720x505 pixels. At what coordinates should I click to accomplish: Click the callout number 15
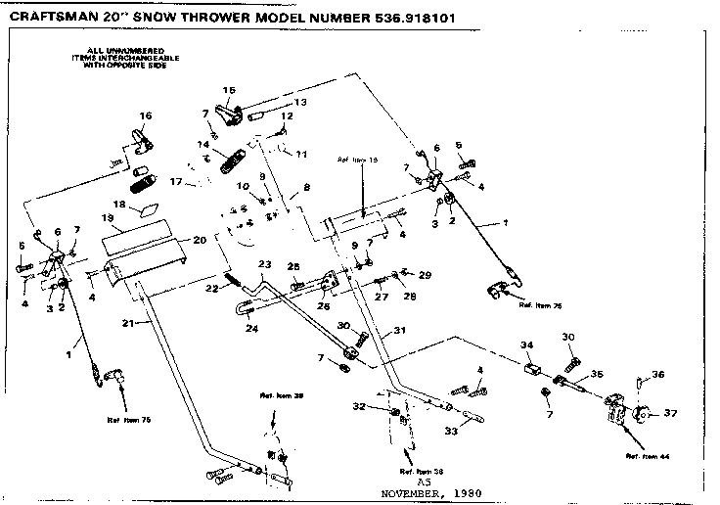pyautogui.click(x=229, y=90)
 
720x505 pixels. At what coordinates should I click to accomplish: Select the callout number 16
pyautogui.click(x=145, y=115)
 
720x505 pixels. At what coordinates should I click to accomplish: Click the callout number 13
pyautogui.click(x=299, y=102)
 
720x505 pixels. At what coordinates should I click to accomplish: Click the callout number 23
pyautogui.click(x=263, y=264)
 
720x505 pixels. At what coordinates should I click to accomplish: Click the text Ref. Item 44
pyautogui.click(x=646, y=456)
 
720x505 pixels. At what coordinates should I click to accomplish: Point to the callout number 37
pyautogui.click(x=670, y=414)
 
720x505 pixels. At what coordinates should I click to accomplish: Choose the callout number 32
pyautogui.click(x=358, y=406)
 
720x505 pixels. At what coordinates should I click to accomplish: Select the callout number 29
pyautogui.click(x=425, y=276)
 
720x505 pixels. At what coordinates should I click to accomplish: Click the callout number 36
pyautogui.click(x=658, y=374)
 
